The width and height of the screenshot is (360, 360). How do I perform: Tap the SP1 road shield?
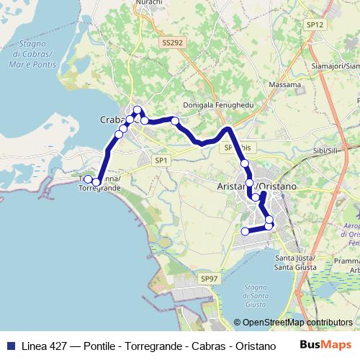160,160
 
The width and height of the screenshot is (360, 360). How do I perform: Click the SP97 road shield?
209,278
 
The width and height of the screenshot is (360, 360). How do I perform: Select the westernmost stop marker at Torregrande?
88,179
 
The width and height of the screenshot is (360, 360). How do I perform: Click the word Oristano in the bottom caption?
243,346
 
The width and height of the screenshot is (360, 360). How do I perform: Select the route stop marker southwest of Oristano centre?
245,231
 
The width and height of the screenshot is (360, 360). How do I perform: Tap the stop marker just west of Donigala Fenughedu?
175,120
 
